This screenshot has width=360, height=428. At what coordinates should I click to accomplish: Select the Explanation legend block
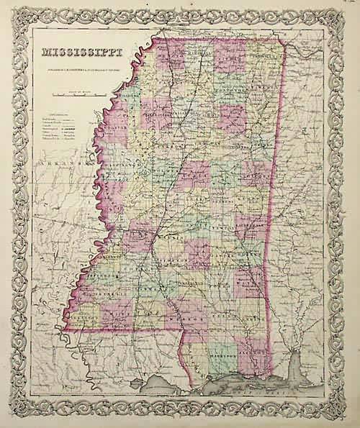tap(60, 129)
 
